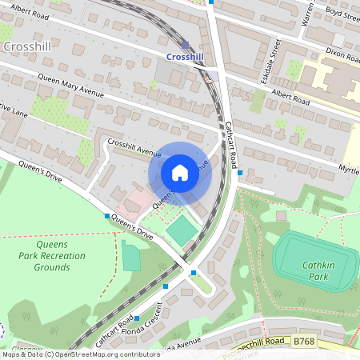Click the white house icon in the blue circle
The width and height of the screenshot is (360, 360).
[180, 173]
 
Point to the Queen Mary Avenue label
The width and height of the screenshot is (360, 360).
[71, 86]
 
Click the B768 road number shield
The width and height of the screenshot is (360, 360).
[303, 341]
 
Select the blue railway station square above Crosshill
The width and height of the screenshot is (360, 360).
[186, 45]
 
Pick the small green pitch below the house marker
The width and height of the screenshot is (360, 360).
[182, 231]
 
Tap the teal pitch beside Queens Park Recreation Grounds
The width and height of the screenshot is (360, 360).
[130, 257]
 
